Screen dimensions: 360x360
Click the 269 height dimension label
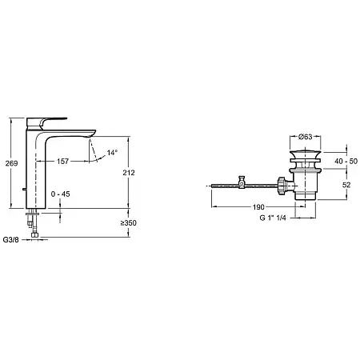[11, 163]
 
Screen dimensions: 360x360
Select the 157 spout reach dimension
[62, 161]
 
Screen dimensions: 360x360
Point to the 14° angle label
[112, 153]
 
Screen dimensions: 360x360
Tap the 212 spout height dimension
[129, 173]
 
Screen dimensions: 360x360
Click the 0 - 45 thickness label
[61, 194]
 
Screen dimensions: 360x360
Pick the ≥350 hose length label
[128, 223]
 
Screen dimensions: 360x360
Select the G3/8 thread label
[11, 240]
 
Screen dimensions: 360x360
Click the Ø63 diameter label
[306, 137]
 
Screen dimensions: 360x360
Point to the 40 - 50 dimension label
[346, 161]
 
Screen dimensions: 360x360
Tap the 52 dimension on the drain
[346, 185]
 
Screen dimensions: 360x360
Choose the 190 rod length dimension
[258, 207]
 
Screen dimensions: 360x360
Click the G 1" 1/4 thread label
[273, 218]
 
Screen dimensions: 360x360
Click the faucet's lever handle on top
[46, 123]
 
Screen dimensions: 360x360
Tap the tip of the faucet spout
[92, 135]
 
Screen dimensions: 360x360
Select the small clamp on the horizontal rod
[242, 182]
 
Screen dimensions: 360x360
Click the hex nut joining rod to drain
[282, 186]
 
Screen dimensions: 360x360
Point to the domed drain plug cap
[306, 155]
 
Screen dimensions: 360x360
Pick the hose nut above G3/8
[34, 235]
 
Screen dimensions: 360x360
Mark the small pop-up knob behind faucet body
[24, 190]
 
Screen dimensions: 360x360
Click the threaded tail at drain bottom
[306, 195]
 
